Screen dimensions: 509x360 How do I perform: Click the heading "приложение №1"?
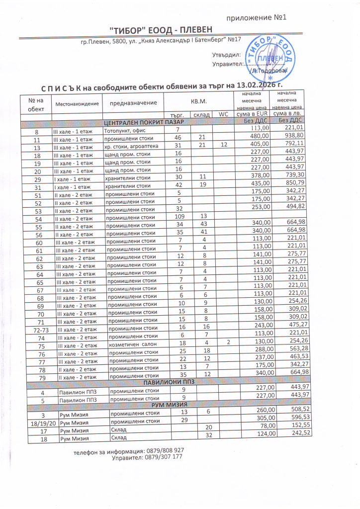257,18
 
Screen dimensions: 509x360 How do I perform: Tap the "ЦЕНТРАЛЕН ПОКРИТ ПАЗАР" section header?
143,122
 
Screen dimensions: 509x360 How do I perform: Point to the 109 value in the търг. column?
175,217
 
